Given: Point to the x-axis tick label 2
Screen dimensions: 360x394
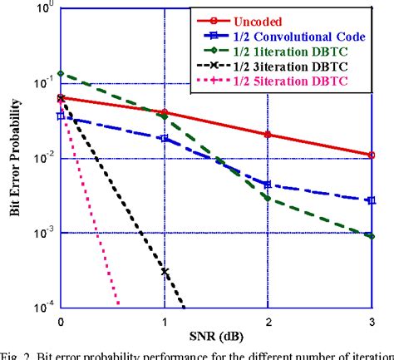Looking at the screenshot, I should [268, 320].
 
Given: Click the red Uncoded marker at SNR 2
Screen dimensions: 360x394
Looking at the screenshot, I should [268, 134].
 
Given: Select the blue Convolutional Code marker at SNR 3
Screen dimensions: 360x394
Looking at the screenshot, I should [372, 200].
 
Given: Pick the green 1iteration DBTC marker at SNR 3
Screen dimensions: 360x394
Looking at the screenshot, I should [372, 236].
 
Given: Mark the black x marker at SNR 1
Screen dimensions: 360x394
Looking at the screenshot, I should [165, 272].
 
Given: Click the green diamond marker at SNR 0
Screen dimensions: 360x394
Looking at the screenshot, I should [61, 74].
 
